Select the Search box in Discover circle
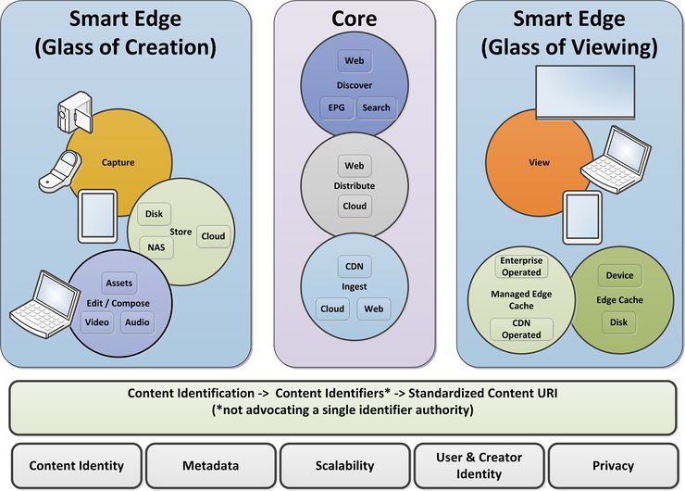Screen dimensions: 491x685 pyautogui.click(x=376, y=107)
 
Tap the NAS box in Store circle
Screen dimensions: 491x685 pyautogui.click(x=156, y=246)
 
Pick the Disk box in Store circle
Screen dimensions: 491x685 pyautogui.click(x=154, y=215)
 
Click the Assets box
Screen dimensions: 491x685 pyautogui.click(x=119, y=283)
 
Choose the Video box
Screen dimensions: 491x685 pyautogui.click(x=96, y=322)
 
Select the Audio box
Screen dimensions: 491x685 pyautogui.click(x=136, y=322)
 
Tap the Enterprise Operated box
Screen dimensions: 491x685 pyautogui.click(x=521, y=267)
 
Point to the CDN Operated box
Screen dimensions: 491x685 pyautogui.click(x=521, y=329)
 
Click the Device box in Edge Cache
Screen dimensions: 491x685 pyautogui.click(x=620, y=275)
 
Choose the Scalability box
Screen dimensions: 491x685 pyautogui.click(x=343, y=466)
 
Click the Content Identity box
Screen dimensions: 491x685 pyautogui.click(x=76, y=466)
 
